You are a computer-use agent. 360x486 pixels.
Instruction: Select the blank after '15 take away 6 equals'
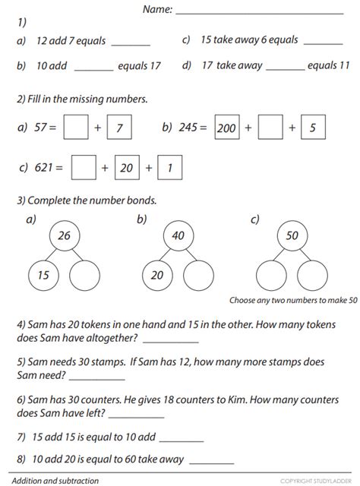(323, 43)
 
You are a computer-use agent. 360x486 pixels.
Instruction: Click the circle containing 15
(43, 275)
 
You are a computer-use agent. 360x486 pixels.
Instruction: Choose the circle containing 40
(178, 236)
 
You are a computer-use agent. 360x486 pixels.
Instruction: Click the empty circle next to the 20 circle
(199, 275)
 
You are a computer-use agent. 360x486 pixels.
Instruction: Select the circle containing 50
(292, 236)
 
